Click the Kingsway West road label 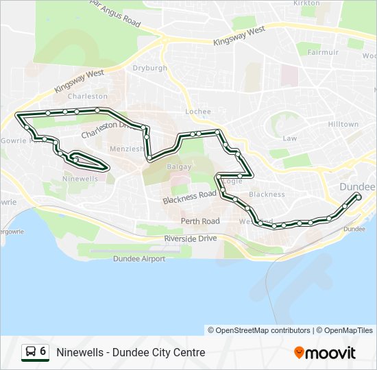point(239,36)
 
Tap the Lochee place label point(198,111)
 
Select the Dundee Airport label point(139,259)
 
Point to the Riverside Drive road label point(190,238)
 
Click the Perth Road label point(200,221)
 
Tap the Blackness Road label point(189,198)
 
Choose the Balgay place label point(180,166)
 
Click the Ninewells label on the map point(80,178)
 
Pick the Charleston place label point(88,97)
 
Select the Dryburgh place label point(149,69)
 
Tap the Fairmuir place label point(323,52)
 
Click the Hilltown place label point(343,125)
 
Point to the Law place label point(290,138)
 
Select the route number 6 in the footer point(43,351)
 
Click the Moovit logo point(325,353)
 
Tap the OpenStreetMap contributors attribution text point(263,330)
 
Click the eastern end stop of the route point(358,196)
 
